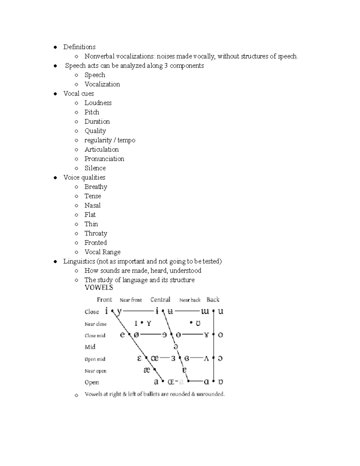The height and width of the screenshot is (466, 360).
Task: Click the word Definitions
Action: coord(79,47)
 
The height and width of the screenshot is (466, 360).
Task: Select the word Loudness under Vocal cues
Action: coord(98,103)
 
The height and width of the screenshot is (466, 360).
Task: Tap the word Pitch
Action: coord(91,112)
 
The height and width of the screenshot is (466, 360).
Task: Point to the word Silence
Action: coord(95,168)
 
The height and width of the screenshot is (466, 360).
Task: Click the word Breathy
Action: coord(96,187)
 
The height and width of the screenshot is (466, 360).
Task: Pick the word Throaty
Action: coord(96,233)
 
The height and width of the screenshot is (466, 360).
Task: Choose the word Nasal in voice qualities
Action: coord(92,206)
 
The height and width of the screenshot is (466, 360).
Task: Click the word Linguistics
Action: coord(79,261)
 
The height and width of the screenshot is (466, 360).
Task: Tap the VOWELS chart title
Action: coord(99,287)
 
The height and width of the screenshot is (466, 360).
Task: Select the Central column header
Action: coord(160,299)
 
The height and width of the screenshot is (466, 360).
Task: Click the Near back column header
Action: coord(190,300)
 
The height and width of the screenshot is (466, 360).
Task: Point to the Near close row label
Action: coord(95,324)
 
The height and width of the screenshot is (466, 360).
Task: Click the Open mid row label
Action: coord(95,359)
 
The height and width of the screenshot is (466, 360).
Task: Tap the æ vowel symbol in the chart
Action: coord(147,370)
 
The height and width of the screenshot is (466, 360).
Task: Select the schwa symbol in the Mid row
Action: coord(176,347)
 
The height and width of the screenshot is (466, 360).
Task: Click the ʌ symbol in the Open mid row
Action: coord(206,359)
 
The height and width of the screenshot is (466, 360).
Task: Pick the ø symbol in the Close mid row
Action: coord(136,335)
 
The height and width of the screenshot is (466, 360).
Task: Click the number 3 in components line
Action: coord(166,66)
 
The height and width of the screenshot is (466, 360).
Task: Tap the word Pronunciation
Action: coord(104,159)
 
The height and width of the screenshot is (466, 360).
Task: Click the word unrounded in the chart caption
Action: coord(210,394)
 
